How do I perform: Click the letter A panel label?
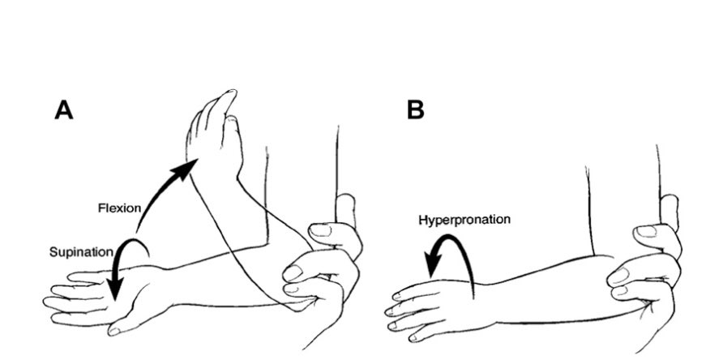tap(64, 109)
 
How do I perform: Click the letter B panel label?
tap(415, 109)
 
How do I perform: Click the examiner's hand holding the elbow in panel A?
tap(324, 268)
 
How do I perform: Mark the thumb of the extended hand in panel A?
tap(130, 324)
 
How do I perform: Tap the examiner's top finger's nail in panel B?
tap(647, 232)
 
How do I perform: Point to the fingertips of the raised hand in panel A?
tap(228, 100)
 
